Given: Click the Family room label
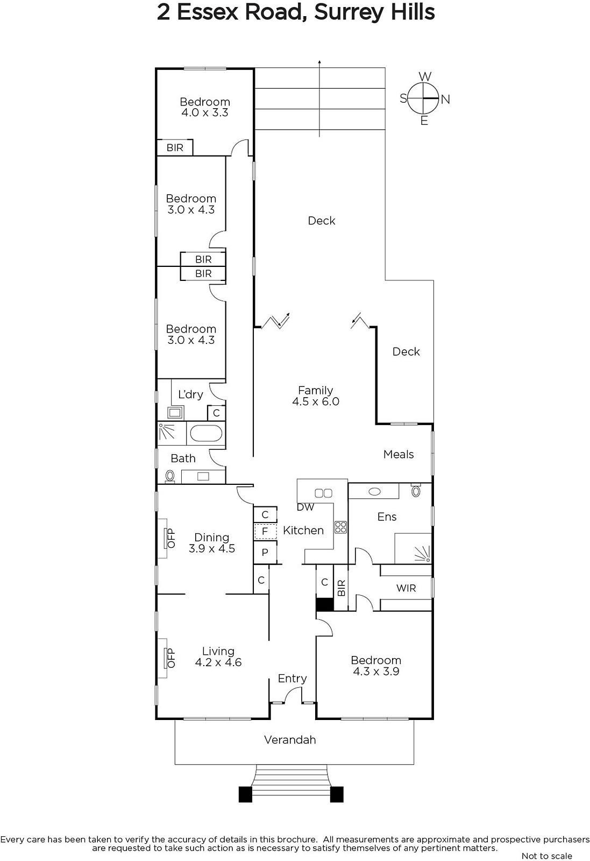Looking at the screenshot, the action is tap(316, 390).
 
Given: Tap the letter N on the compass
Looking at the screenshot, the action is tap(445, 100).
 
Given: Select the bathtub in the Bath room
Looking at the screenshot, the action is tap(207, 434).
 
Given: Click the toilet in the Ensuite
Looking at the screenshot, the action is tap(416, 490).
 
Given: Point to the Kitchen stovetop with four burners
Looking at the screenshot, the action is tap(340, 527).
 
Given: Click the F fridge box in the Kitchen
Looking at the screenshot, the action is tap(265, 532).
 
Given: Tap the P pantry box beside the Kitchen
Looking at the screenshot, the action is tap(265, 552).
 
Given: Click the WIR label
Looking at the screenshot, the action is tap(406, 588).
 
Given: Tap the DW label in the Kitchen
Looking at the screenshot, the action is tap(305, 507).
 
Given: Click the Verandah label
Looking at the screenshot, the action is tap(290, 740).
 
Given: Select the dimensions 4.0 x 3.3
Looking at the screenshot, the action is tap(205, 112).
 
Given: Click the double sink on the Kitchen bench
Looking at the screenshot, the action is tap(323, 493).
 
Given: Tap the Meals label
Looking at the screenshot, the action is tap(399, 454).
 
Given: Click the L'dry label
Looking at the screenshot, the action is tap(190, 395).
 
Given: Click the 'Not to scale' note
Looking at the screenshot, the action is tap(546, 856).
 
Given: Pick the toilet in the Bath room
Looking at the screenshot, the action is tap(169, 477).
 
